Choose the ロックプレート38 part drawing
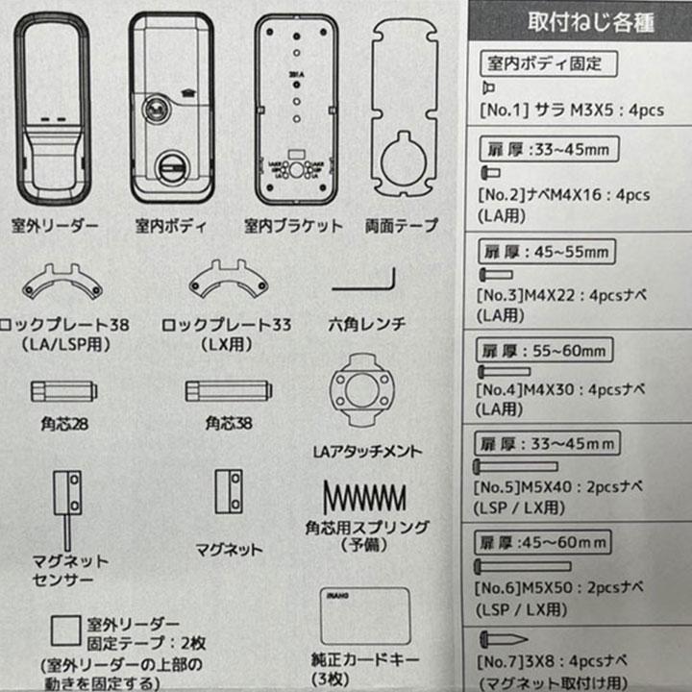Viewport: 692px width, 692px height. pos(62,282)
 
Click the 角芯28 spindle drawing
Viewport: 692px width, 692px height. pos(63,391)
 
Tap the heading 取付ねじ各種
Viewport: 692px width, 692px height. pos(576,22)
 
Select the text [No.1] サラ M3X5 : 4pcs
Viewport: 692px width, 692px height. pos(571,110)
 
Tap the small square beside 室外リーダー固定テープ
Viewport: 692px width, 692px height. pos(64,630)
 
